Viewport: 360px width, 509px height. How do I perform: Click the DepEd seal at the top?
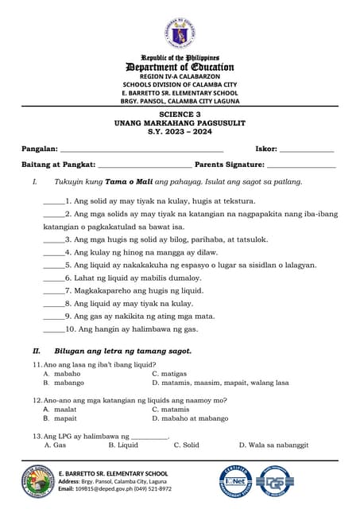(180, 33)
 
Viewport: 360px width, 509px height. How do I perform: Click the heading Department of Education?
(180, 67)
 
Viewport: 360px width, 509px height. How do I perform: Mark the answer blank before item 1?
(53, 203)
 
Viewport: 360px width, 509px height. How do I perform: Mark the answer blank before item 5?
(53, 265)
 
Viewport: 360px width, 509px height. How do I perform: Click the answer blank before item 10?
(53, 328)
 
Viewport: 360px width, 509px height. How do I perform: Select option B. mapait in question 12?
(60, 418)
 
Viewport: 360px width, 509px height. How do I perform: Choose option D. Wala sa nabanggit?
(274, 445)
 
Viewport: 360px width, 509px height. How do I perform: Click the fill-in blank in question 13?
(149, 437)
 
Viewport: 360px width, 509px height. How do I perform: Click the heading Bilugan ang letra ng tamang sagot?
(122, 351)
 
